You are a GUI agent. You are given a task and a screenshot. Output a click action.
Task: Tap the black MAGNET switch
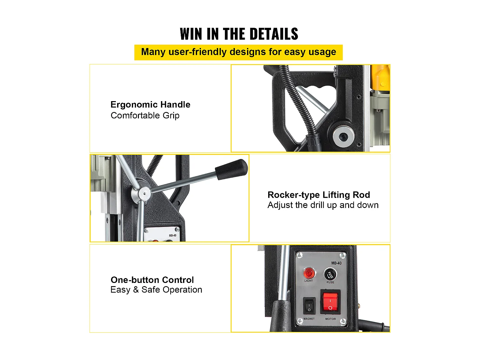pyautogui.click(x=309, y=306)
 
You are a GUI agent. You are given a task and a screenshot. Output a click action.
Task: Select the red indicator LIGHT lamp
pyautogui.click(x=309, y=273)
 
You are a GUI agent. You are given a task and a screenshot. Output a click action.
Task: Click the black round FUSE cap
pyautogui.click(x=330, y=274)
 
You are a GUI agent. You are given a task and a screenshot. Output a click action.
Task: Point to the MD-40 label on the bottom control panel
pyautogui.click(x=336, y=263)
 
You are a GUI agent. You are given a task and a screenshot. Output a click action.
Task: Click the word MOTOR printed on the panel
pyautogui.click(x=331, y=319)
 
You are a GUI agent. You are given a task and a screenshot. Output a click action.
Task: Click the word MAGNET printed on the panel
pyautogui.click(x=309, y=319)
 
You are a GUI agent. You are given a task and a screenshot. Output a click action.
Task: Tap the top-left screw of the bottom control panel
pyautogui.click(x=300, y=255)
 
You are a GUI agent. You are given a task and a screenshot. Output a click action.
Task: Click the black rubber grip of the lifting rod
pyautogui.click(x=231, y=169)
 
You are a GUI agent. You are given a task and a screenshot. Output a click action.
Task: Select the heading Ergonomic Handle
pyautogui.click(x=150, y=105)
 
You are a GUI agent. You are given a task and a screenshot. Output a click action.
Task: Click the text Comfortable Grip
pyautogui.click(x=145, y=116)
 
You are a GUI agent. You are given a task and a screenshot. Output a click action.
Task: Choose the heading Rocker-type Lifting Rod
pyautogui.click(x=319, y=195)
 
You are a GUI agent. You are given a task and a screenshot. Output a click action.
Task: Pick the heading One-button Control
pyautogui.click(x=152, y=280)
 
